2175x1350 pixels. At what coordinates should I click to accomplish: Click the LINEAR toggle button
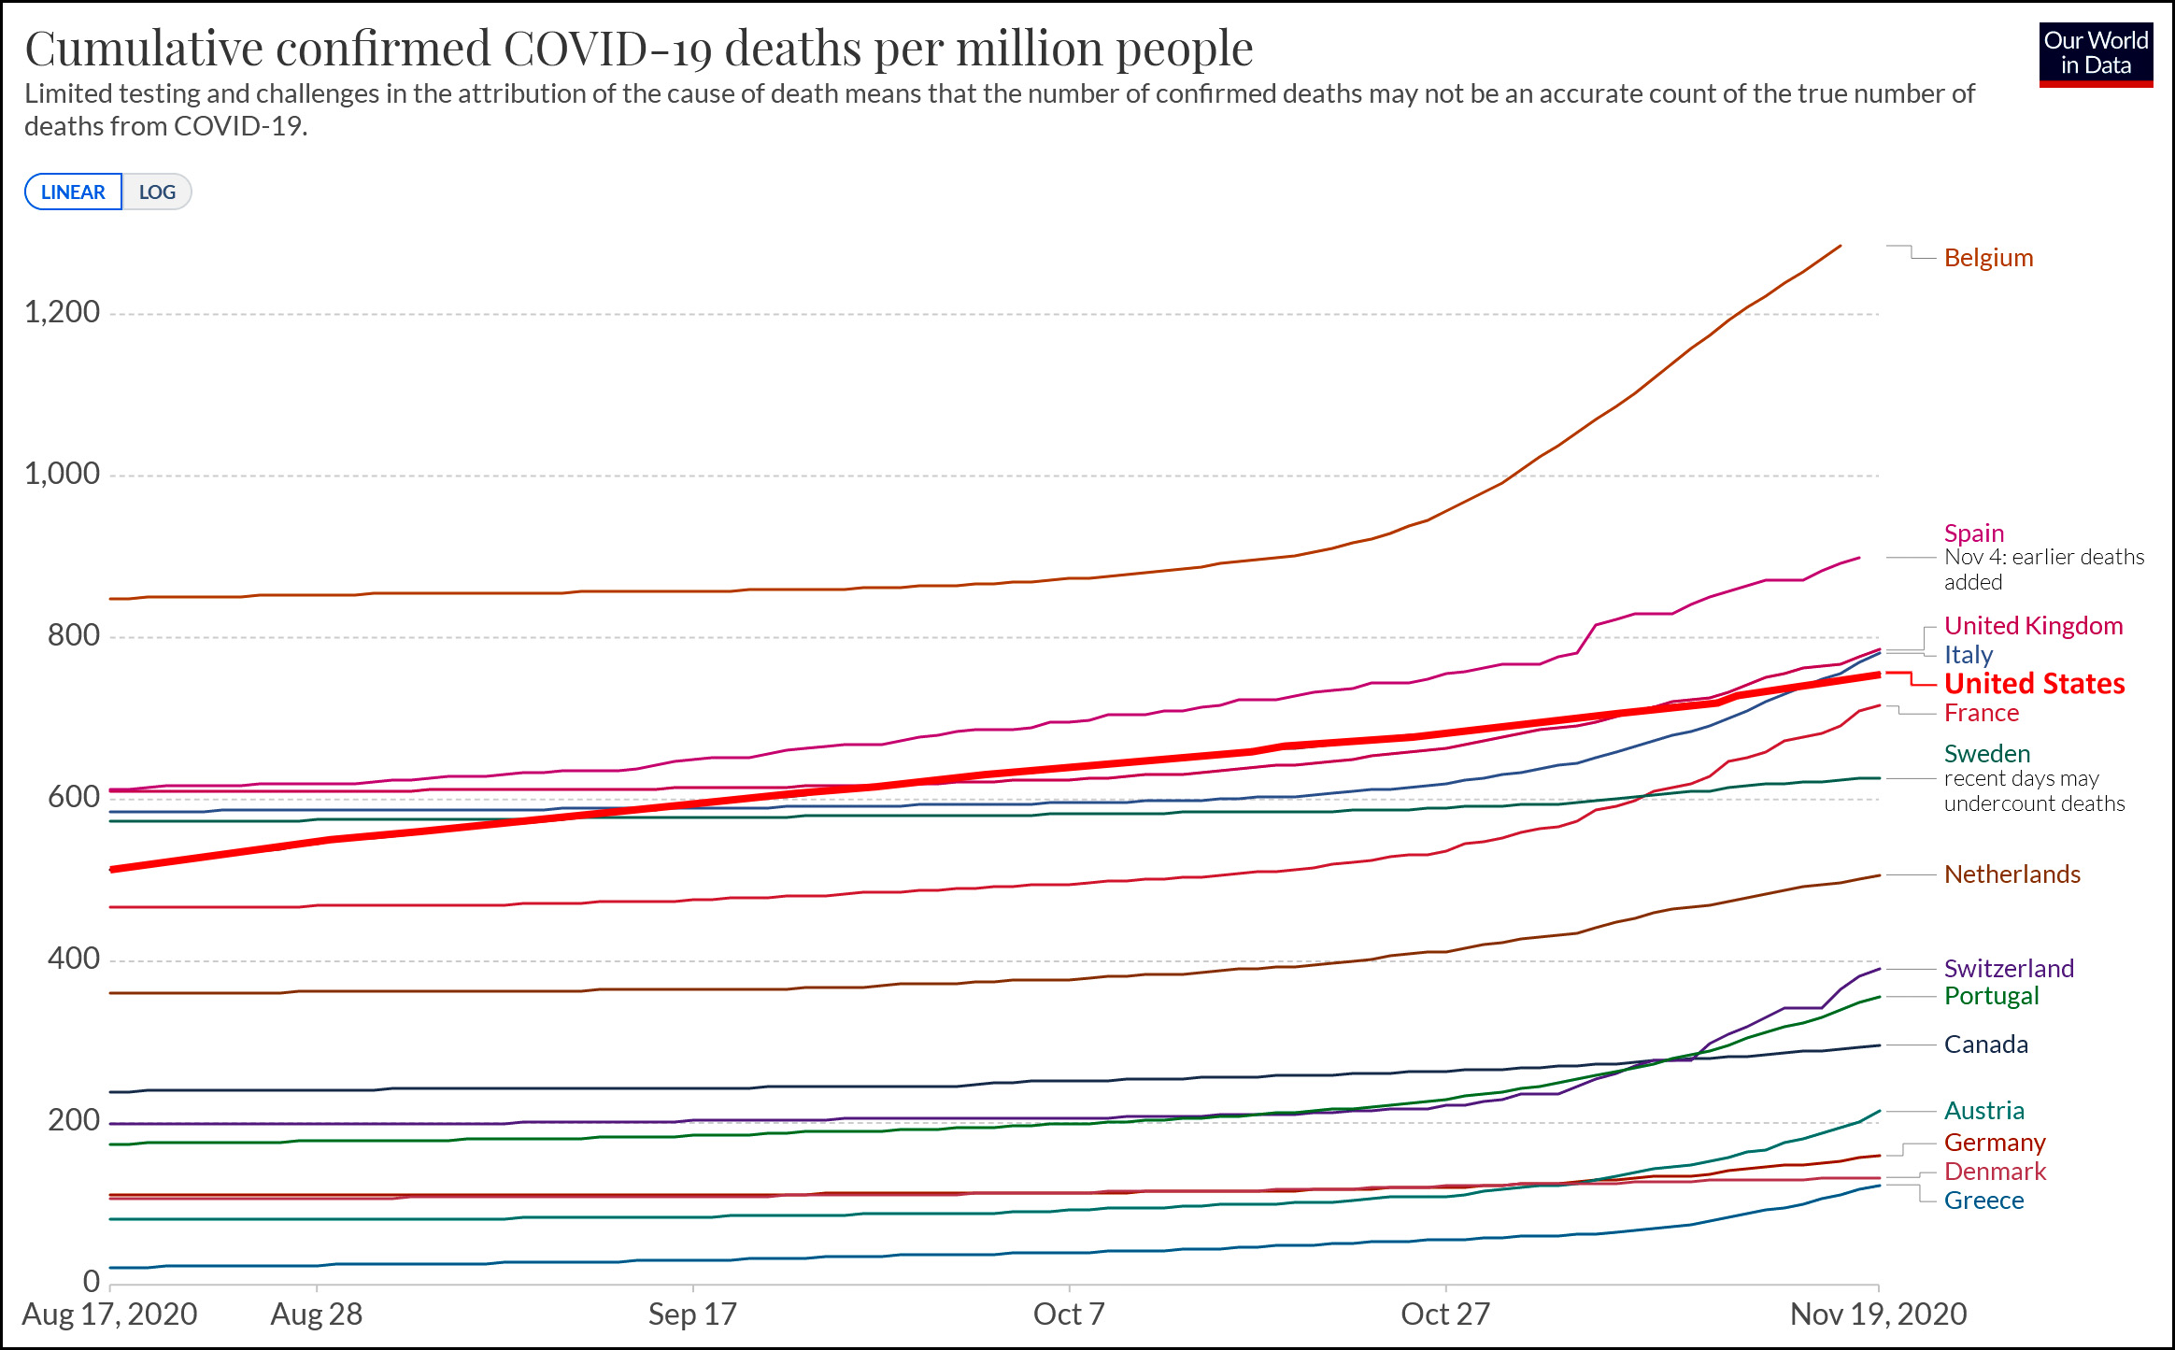pyautogui.click(x=73, y=192)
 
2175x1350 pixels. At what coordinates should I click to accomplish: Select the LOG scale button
pyautogui.click(x=157, y=192)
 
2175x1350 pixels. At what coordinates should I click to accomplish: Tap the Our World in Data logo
pyautogui.click(x=2096, y=54)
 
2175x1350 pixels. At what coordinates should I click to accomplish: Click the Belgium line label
pyautogui.click(x=1988, y=258)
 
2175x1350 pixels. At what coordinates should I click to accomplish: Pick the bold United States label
pyautogui.click(x=2034, y=684)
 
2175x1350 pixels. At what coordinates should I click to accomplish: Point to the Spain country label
pyautogui.click(x=1974, y=533)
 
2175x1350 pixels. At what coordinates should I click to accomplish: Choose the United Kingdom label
pyautogui.click(x=2033, y=626)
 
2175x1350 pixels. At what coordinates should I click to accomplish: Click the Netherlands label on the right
pyautogui.click(x=2012, y=874)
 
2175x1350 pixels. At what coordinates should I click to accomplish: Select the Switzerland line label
pyautogui.click(x=2009, y=969)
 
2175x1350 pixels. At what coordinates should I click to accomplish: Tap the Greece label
pyautogui.click(x=1983, y=1201)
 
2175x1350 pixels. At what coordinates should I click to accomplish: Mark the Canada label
pyautogui.click(x=1985, y=1044)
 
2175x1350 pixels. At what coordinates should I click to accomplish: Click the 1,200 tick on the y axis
pyautogui.click(x=63, y=312)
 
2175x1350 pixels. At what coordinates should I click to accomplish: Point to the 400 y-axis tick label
pyautogui.click(x=74, y=959)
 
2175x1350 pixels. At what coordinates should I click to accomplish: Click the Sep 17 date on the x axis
pyautogui.click(x=692, y=1314)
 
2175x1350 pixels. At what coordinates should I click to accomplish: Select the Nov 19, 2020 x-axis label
pyautogui.click(x=1878, y=1314)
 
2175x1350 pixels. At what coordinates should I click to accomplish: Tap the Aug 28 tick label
pyautogui.click(x=316, y=1314)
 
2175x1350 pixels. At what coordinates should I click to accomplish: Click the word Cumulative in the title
pyautogui.click(x=144, y=49)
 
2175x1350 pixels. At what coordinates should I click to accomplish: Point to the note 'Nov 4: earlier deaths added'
pyautogui.click(x=2043, y=570)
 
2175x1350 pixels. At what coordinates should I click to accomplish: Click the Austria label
pyautogui.click(x=1983, y=1111)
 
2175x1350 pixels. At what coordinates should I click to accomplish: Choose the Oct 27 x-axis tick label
pyautogui.click(x=1444, y=1314)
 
